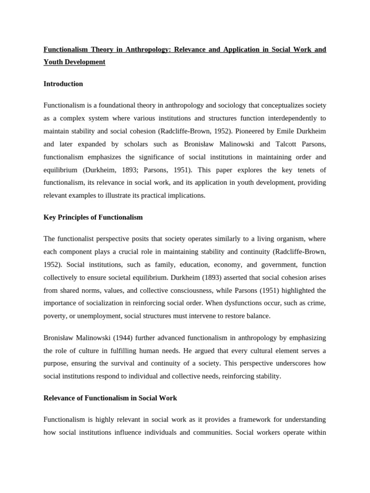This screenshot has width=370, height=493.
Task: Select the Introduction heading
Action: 63,84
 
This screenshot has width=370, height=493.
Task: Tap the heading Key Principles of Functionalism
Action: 93,217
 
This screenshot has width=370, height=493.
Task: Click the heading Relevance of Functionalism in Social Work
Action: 110,398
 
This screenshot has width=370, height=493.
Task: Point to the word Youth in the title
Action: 53,62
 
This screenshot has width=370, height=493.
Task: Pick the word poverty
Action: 55,315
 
